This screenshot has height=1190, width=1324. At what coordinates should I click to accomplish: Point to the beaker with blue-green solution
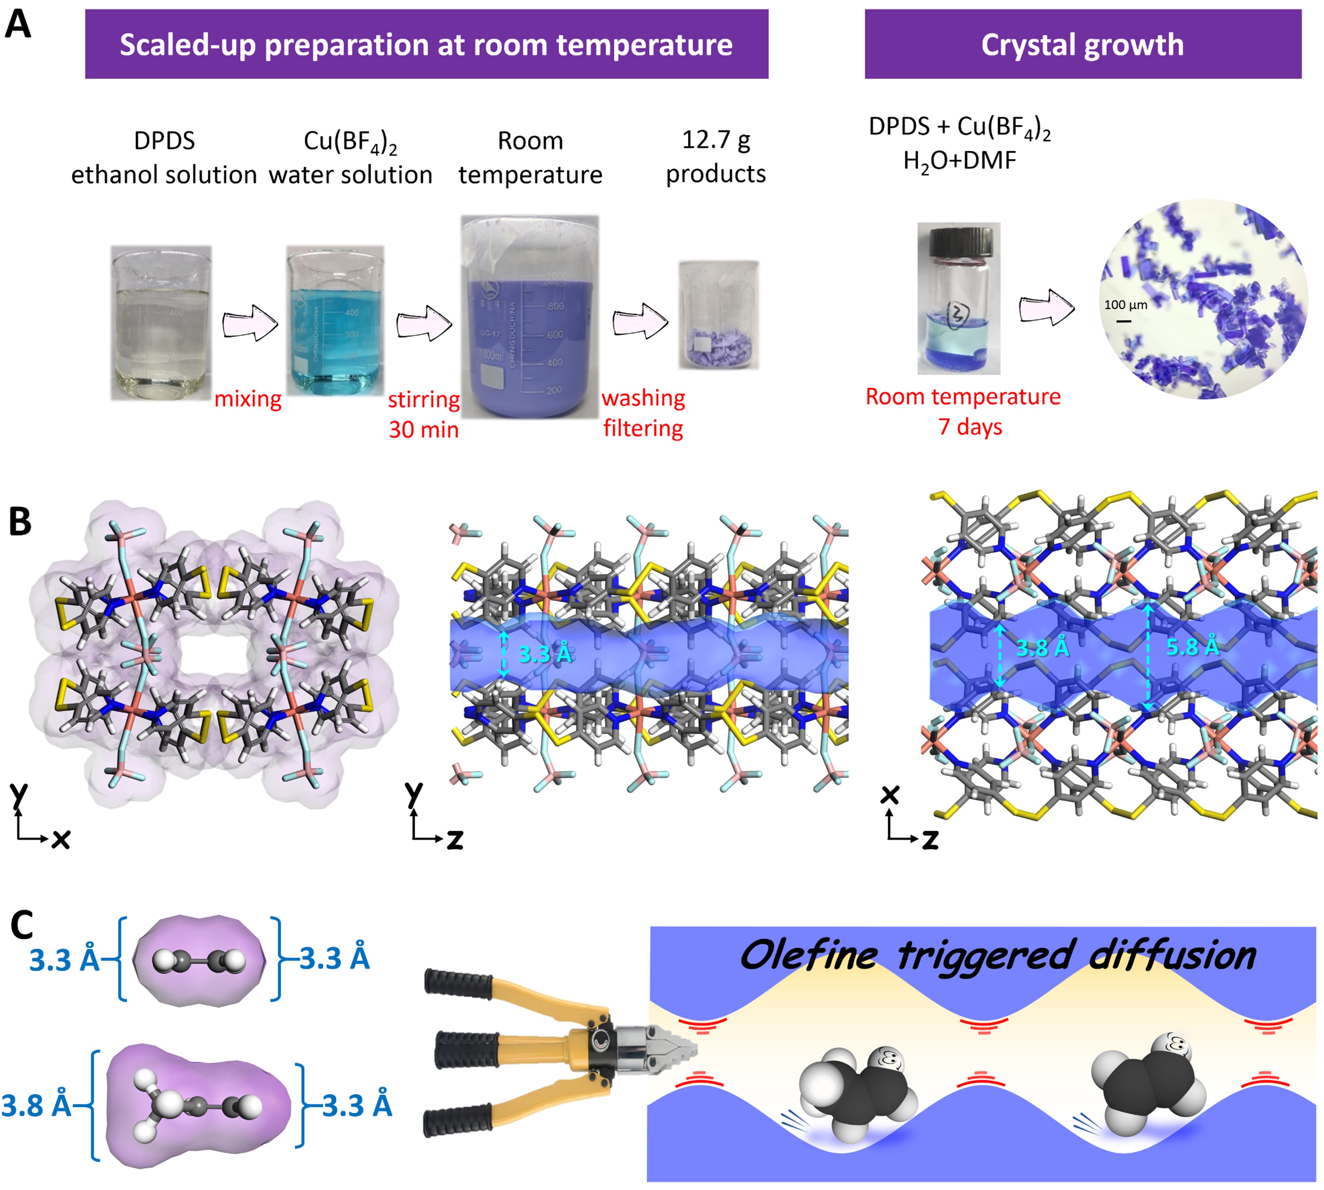click(335, 320)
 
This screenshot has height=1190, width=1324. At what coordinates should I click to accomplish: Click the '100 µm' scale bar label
click(1125, 305)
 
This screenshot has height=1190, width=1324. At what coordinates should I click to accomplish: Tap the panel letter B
click(20, 522)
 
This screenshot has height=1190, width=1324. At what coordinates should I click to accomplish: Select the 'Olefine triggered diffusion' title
click(997, 955)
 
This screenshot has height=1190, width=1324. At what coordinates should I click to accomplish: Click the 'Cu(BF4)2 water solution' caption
click(350, 157)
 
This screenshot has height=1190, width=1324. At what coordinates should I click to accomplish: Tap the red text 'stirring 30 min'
click(423, 414)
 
